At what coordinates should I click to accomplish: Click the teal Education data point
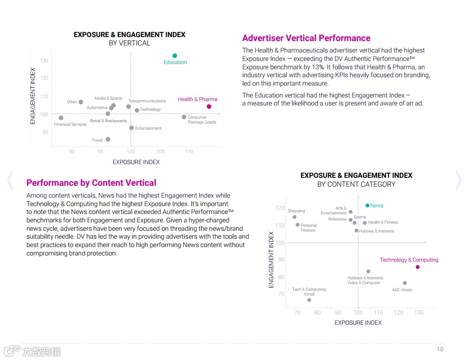coord(175,56)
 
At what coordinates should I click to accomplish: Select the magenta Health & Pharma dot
coord(209,106)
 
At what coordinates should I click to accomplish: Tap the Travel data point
coord(108,139)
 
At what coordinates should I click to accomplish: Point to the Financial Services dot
coord(61,118)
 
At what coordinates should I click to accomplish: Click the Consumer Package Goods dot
coord(184,117)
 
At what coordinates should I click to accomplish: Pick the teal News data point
coord(367,206)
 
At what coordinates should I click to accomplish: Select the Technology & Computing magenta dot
coord(417,267)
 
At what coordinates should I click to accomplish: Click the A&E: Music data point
coord(405,283)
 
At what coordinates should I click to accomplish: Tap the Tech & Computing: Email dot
coord(309,300)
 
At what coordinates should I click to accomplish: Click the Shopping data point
coord(294,217)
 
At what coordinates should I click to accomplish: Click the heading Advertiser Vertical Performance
coord(306,38)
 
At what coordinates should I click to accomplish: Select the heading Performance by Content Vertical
coord(91,183)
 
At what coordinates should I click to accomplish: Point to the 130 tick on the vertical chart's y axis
coord(44,60)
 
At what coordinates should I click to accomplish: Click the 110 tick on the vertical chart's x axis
coord(189,151)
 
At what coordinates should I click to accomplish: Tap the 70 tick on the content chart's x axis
coord(297,312)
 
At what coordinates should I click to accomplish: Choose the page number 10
coord(440,349)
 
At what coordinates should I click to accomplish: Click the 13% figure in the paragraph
coord(319,67)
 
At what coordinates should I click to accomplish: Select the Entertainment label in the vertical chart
coord(148,128)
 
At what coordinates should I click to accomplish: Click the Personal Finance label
coord(308,228)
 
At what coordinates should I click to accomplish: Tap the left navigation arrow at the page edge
coord(10,180)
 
